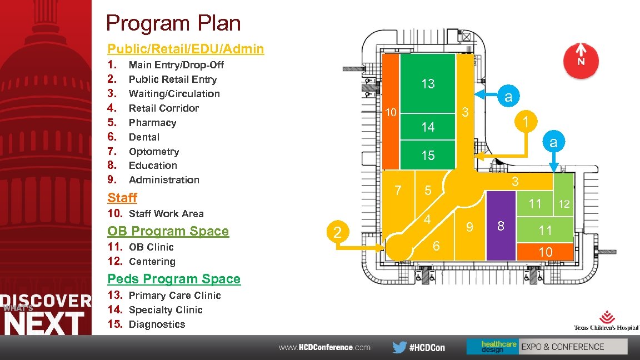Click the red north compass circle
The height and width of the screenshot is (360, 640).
point(581,61)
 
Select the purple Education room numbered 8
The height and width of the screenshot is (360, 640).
point(501,226)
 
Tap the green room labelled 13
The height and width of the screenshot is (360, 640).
point(428,84)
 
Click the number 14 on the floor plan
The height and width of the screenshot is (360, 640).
point(428,127)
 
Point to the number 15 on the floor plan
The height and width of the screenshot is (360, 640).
point(428,156)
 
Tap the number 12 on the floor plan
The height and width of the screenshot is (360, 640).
point(564,204)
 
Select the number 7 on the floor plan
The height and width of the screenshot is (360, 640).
point(398,191)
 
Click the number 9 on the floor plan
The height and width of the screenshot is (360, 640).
point(469,227)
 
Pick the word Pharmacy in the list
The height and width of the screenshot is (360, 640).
point(152,123)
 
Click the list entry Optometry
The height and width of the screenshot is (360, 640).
point(154,152)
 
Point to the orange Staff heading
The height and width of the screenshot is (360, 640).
point(122,198)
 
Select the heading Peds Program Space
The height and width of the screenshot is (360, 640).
point(174,279)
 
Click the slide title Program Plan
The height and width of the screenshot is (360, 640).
point(173,23)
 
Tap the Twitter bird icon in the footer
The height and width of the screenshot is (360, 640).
point(399,347)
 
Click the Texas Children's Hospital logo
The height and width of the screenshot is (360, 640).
point(606,321)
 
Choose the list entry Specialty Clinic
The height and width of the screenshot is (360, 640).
point(166,310)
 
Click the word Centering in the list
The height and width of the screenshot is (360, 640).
point(152,262)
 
